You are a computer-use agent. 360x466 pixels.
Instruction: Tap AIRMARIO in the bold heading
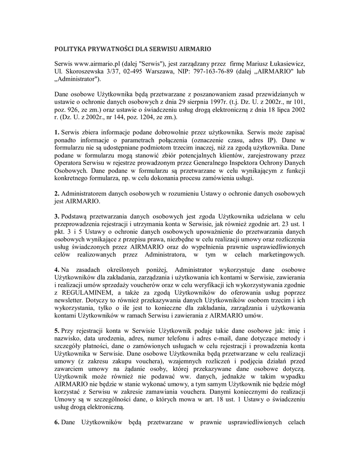click(196, 48)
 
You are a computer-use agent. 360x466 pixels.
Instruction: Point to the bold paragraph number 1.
click(56, 132)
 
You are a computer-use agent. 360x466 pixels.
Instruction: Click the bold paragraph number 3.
click(56, 216)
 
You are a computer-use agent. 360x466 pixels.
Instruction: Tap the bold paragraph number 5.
click(56, 331)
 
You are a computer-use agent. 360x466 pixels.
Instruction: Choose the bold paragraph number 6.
click(56, 423)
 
